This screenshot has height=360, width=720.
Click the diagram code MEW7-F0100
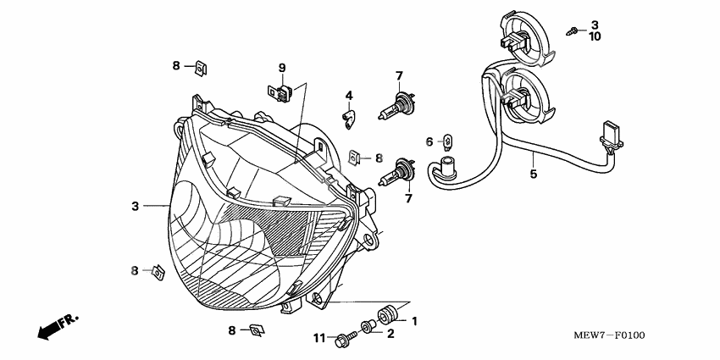[609, 335]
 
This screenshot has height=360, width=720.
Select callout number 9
[282, 68]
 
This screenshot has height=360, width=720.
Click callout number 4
[349, 96]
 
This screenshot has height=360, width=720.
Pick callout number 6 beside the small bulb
[429, 142]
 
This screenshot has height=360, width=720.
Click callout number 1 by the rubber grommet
[414, 321]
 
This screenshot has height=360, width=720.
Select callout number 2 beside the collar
[390, 334]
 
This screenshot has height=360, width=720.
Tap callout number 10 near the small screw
[595, 36]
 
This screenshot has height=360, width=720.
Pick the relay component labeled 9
[280, 93]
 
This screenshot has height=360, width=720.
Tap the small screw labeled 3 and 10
[571, 31]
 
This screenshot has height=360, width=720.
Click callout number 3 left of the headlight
[135, 207]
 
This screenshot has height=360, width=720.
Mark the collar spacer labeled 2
[368, 326]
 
